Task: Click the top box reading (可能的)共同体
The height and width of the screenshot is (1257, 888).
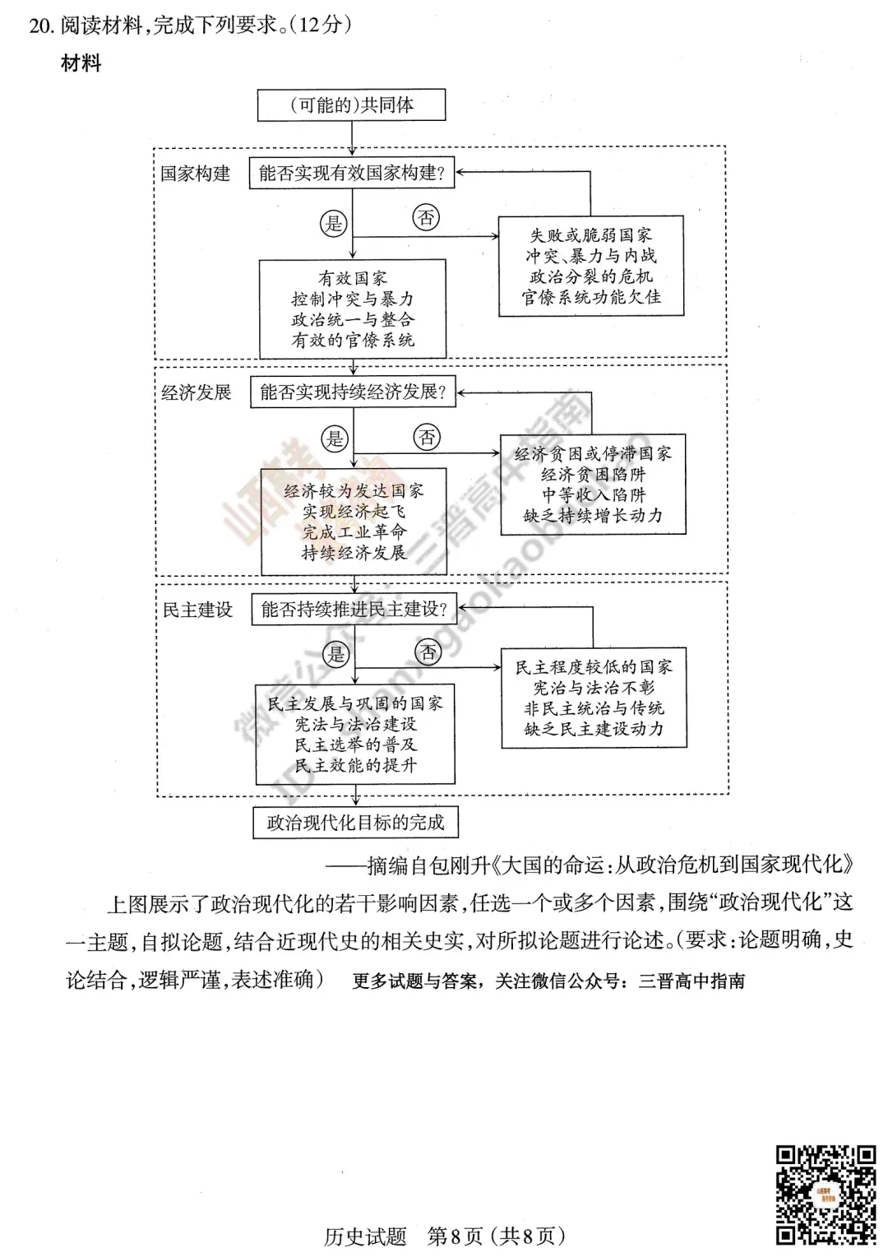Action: (352, 105)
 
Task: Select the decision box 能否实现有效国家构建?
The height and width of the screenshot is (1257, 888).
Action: (352, 173)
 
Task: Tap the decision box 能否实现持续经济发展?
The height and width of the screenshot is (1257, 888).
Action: (353, 392)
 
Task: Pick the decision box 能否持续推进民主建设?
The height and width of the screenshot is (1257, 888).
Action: (354, 610)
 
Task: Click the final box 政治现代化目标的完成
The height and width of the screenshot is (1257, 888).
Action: (355, 822)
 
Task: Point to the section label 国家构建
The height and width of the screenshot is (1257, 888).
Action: (196, 174)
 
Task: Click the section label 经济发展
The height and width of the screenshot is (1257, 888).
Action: (197, 392)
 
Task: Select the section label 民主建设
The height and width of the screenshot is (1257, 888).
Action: (198, 610)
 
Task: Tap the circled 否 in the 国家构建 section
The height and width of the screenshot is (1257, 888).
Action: (426, 218)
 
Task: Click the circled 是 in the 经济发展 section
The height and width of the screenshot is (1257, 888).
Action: (335, 438)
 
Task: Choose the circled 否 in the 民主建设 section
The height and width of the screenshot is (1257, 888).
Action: (428, 653)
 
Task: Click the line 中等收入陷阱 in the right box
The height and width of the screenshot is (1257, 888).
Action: (594, 494)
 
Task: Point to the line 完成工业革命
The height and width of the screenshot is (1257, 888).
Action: (354, 531)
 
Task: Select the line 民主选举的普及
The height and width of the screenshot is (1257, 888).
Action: (356, 744)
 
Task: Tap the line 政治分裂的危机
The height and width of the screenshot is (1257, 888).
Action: (591, 276)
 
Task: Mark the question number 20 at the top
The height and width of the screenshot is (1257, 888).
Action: (41, 26)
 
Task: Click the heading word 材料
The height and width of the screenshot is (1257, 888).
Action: (81, 63)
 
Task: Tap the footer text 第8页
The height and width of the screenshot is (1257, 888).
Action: (456, 1236)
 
